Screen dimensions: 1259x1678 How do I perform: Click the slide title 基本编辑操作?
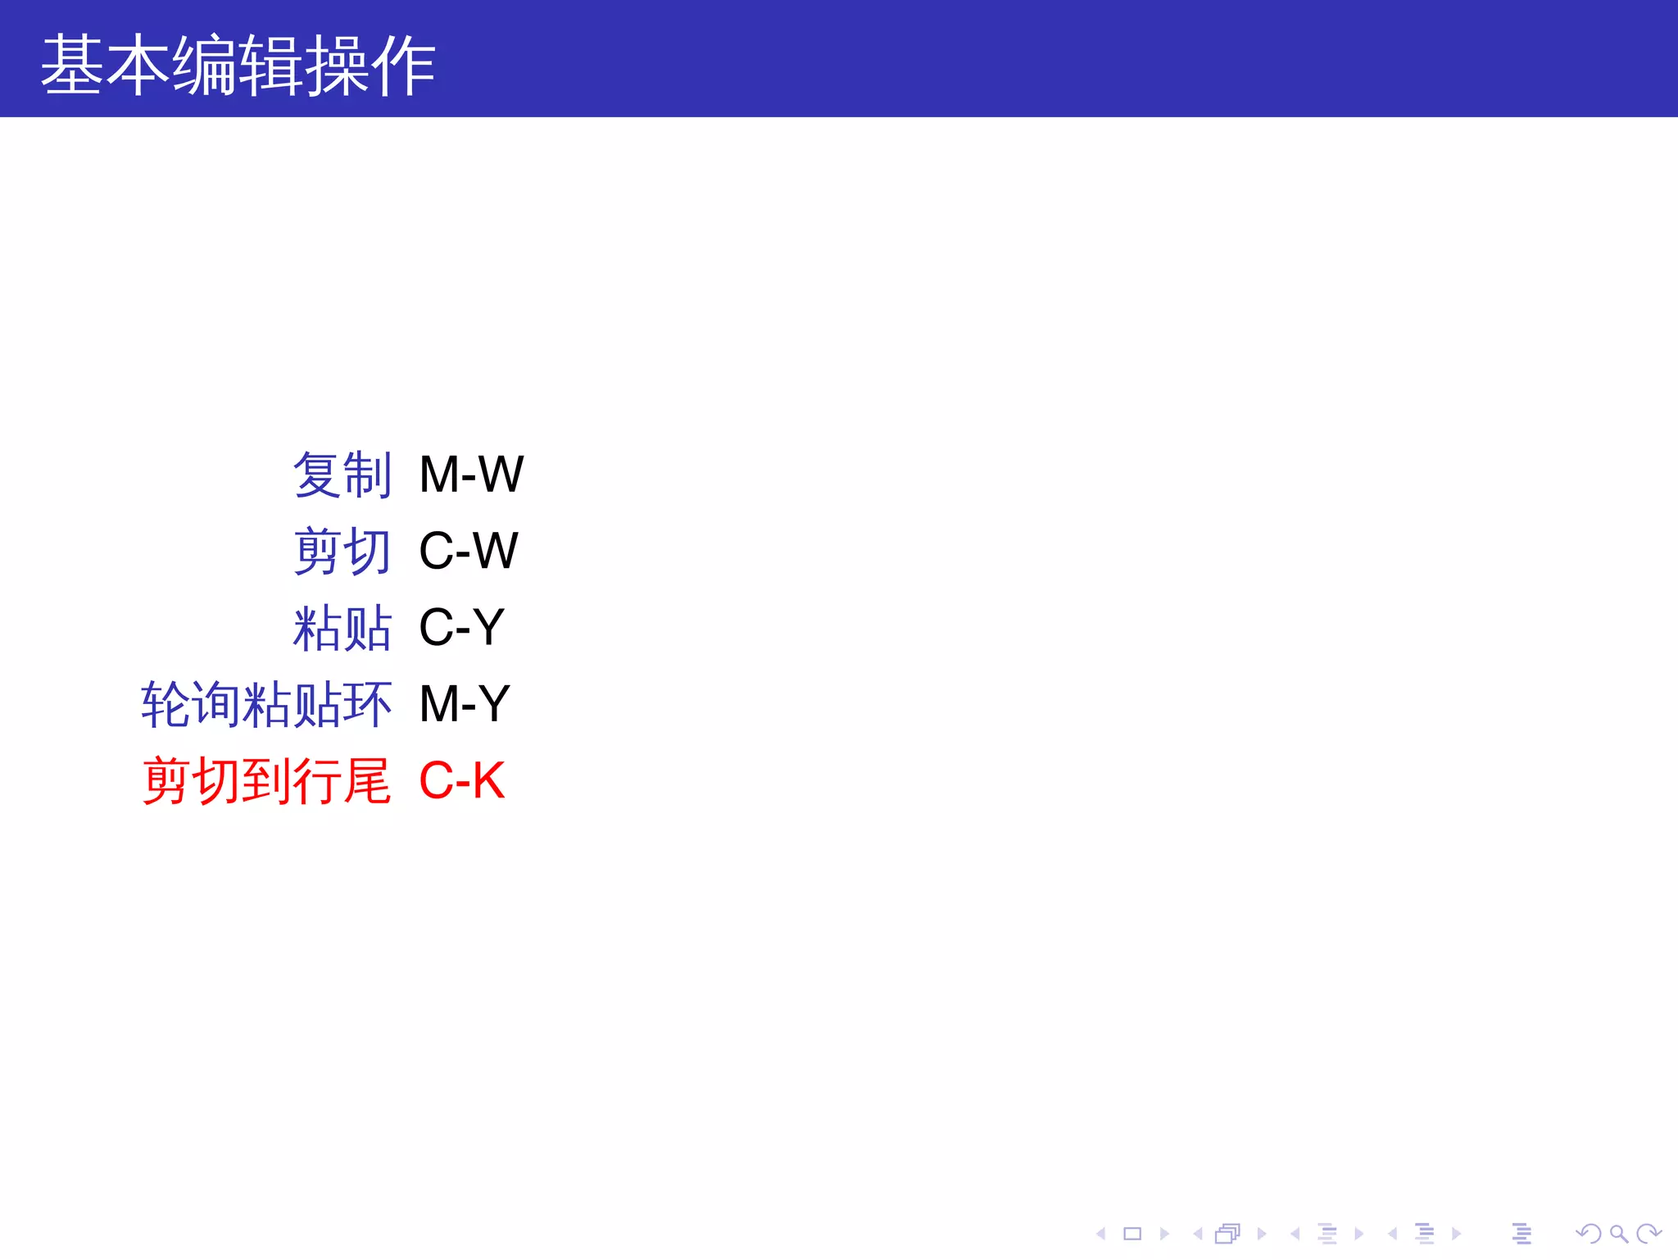click(x=238, y=66)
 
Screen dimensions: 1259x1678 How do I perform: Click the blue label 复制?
click(x=342, y=475)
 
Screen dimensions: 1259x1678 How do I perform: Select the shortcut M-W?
click(x=471, y=475)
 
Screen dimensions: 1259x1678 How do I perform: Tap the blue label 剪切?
click(x=342, y=551)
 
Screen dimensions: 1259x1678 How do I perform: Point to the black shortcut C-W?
click(x=468, y=551)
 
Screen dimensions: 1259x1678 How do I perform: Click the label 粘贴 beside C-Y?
click(x=342, y=628)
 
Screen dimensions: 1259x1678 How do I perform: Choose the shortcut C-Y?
click(x=461, y=628)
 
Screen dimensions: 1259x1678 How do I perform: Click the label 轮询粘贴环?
click(x=266, y=704)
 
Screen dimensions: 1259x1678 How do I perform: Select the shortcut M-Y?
click(x=465, y=704)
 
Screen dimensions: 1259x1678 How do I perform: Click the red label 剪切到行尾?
click(x=266, y=780)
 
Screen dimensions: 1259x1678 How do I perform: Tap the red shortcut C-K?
click(x=461, y=780)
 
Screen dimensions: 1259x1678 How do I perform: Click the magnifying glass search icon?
click(x=1618, y=1234)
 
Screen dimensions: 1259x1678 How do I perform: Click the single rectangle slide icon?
click(x=1132, y=1234)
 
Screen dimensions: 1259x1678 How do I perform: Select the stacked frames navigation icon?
click(x=1227, y=1234)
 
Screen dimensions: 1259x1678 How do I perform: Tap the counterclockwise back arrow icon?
click(x=1589, y=1234)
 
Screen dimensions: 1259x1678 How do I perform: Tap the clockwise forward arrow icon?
click(x=1649, y=1234)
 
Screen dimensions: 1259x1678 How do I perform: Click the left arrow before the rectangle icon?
click(x=1101, y=1234)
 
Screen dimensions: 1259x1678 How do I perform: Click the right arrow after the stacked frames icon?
click(x=1262, y=1234)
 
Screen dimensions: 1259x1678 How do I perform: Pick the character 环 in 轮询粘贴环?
click(x=369, y=704)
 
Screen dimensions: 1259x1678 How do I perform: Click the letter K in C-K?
click(x=488, y=780)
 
